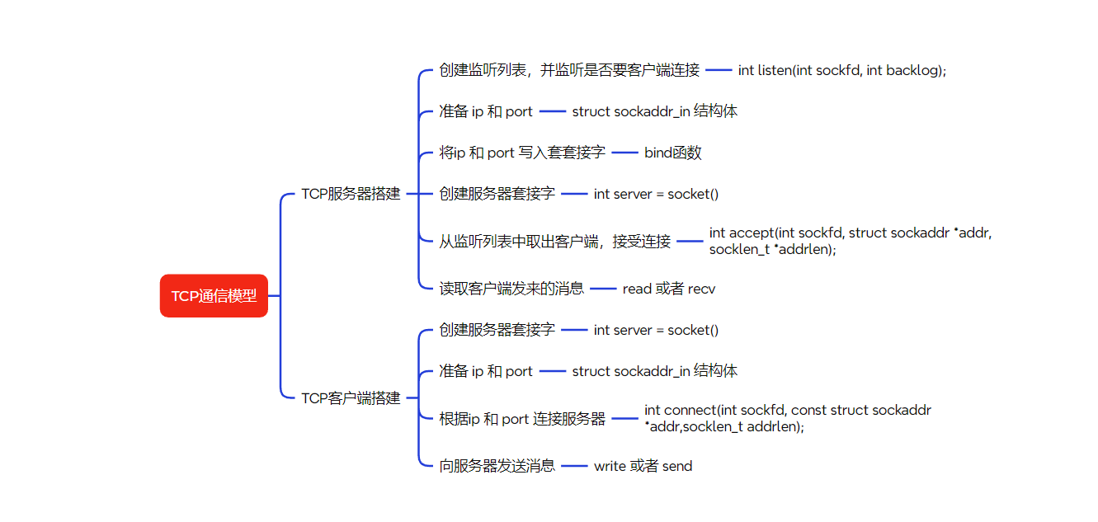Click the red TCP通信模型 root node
coord(214,296)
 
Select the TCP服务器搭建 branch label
coord(351,195)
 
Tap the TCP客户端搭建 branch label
coord(351,398)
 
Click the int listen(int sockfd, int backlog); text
coord(842,71)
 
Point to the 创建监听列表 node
coord(569,71)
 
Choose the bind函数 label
coord(673,153)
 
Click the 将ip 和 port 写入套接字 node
coord(522,153)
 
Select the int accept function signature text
coord(850,241)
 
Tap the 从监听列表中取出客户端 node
coord(554,242)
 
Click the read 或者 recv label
coord(669,289)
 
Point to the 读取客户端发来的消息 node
coord(511,289)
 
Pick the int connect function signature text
coord(787,418)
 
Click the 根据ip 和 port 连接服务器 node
coord(522,419)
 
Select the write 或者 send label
coord(643,467)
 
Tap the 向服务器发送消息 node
coord(497,466)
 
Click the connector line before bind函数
coord(625,153)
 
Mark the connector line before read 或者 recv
coord(603,289)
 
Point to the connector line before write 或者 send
coord(574,466)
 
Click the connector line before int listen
coord(719,71)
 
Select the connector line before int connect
coord(625,419)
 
